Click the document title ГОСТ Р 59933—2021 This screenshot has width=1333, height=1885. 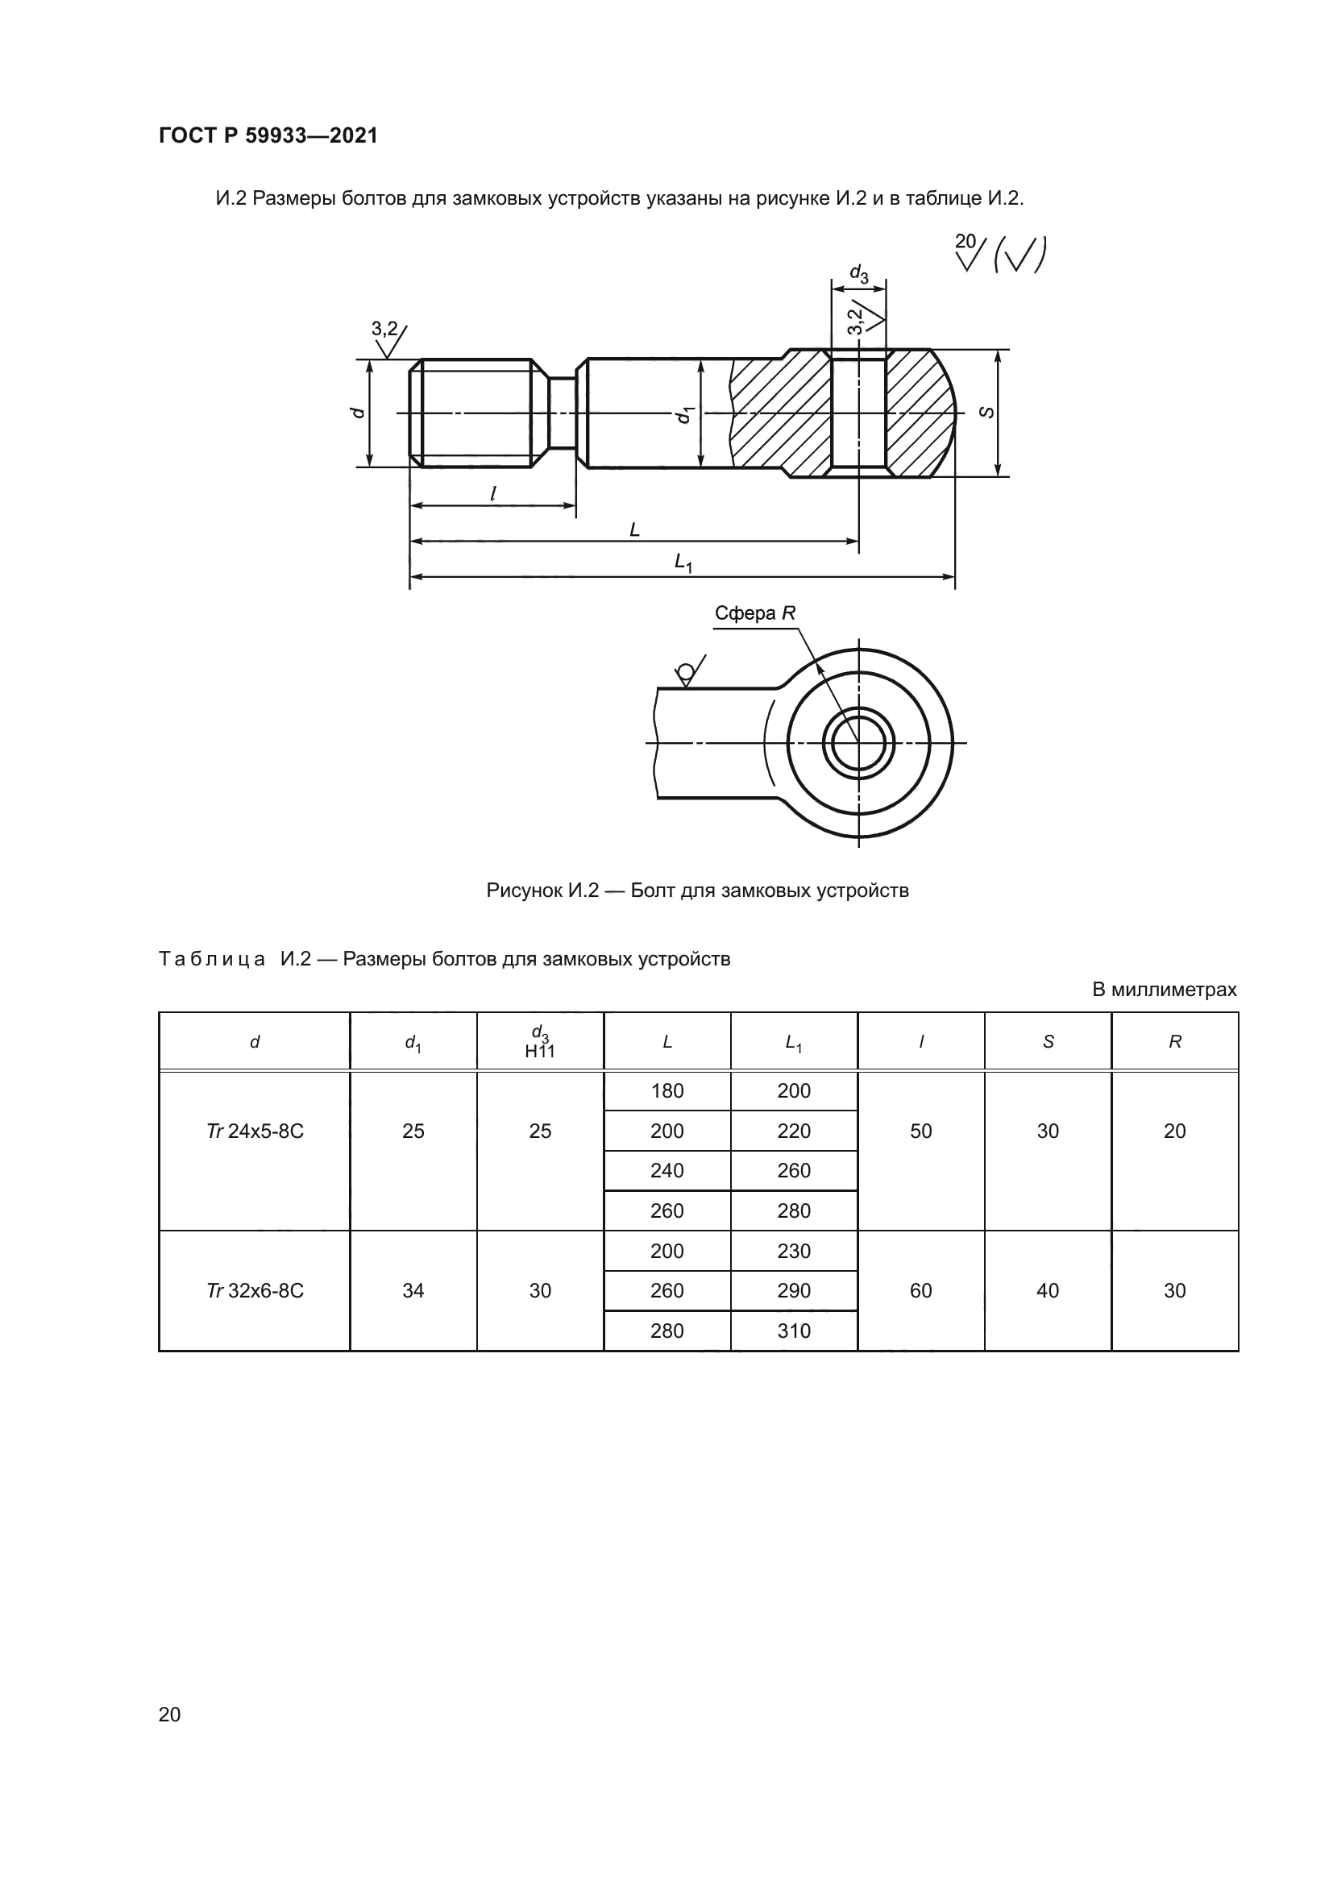point(268,135)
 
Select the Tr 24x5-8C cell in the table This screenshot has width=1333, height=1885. point(255,1131)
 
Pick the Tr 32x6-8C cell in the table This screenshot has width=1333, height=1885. point(255,1290)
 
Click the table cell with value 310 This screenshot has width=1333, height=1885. point(794,1331)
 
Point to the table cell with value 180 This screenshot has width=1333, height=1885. point(666,1091)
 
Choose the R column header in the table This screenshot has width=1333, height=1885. point(1174,1042)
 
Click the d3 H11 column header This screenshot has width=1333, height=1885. point(540,1042)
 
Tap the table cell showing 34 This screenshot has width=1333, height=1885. point(413,1290)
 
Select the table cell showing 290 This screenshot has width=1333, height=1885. point(794,1290)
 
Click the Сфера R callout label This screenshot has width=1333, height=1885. point(754,613)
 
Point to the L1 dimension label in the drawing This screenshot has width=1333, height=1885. point(683,563)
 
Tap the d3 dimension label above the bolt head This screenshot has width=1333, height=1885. point(858,273)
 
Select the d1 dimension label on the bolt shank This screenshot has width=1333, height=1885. point(683,414)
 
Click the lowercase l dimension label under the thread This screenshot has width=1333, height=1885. point(492,493)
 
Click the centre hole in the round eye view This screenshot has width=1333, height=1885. point(858,744)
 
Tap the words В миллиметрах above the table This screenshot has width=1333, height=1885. point(1164,990)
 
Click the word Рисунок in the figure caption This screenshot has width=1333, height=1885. point(523,891)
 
